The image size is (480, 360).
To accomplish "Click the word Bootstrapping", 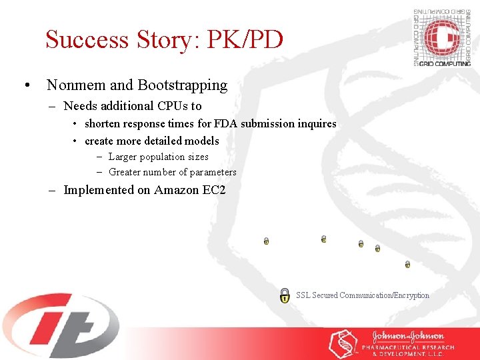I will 182,85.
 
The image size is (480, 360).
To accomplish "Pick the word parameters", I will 212,172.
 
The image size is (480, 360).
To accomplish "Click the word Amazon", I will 177,190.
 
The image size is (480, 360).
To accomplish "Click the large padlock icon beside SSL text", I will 285,295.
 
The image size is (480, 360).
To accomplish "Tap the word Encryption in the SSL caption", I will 411,295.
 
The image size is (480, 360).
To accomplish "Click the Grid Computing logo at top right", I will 441,37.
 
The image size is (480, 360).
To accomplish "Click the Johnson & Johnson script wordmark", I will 409,337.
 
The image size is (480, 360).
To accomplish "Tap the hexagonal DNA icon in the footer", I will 343,343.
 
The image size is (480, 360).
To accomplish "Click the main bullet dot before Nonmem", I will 26,86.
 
